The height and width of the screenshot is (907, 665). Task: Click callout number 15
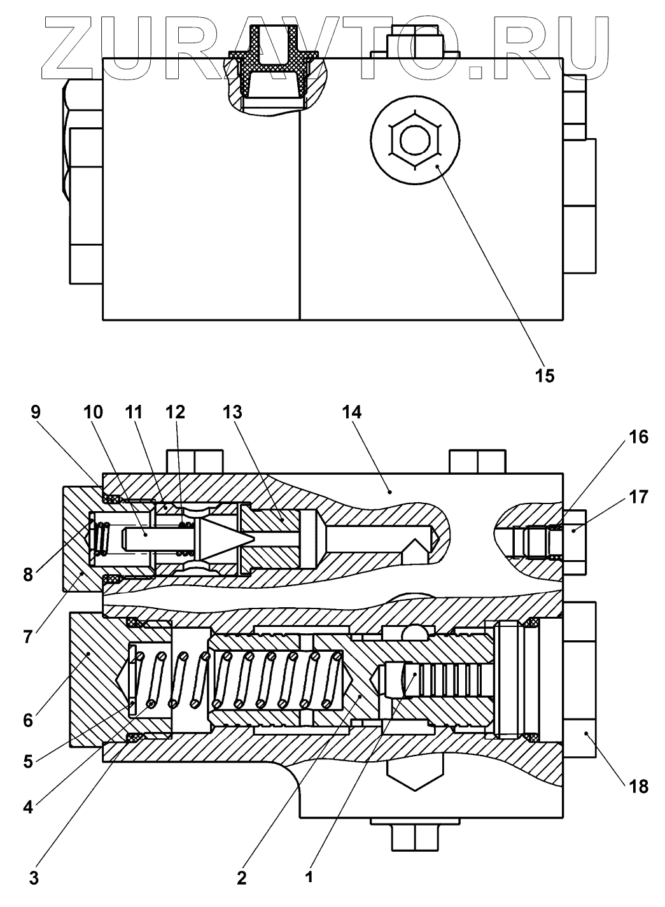[x=545, y=376]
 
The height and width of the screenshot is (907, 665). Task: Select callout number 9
[x=35, y=412]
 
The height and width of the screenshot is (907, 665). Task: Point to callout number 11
[x=135, y=412]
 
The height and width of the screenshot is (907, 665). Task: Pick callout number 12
[x=175, y=412]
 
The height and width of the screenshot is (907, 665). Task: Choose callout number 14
[x=351, y=412]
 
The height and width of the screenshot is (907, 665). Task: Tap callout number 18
[x=638, y=787]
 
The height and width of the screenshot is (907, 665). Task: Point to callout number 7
[x=27, y=636]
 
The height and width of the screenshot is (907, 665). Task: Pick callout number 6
[x=27, y=721]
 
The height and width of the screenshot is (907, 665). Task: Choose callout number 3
[x=34, y=878]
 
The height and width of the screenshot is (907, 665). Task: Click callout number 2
[x=241, y=878]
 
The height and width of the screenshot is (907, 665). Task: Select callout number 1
[x=309, y=878]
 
